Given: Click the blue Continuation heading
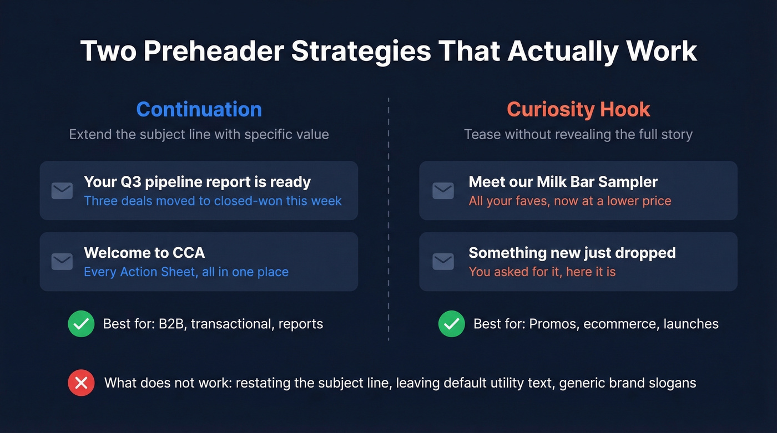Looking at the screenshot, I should click(199, 109).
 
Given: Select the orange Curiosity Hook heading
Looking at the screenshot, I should click(578, 109).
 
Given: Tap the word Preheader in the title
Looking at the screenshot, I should click(214, 51).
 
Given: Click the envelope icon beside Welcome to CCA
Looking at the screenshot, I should click(62, 262).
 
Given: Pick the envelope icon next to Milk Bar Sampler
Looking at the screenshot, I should click(443, 191).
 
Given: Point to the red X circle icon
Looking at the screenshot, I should click(81, 383).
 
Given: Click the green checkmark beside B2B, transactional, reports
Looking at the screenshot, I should click(81, 324).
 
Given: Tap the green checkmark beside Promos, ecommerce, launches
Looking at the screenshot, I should click(451, 324).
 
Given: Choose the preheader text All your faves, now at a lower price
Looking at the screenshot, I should click(570, 201).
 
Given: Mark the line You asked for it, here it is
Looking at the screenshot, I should click(542, 272).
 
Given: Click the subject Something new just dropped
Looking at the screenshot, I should click(572, 253).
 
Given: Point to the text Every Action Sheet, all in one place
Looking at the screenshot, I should click(186, 272).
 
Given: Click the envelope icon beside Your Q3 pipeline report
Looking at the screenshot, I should click(62, 191).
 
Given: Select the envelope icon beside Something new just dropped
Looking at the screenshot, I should click(443, 262).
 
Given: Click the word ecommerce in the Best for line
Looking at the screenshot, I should click(626, 324).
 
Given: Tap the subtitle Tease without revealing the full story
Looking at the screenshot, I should click(578, 135).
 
